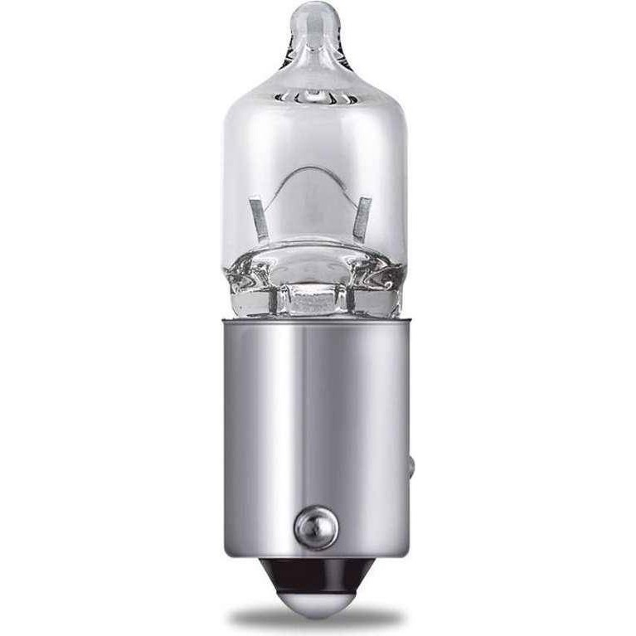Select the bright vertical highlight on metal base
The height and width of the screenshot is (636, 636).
(x=274, y=415)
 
